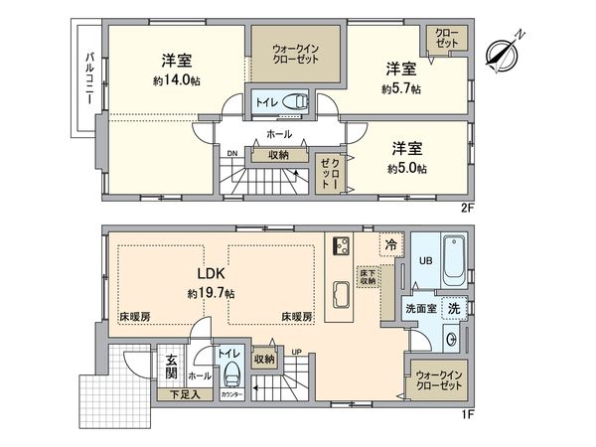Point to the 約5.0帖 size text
[408, 169]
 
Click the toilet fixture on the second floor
[295, 100]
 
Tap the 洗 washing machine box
[453, 309]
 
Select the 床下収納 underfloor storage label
[367, 276]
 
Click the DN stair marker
[231, 154]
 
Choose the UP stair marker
[295, 350]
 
